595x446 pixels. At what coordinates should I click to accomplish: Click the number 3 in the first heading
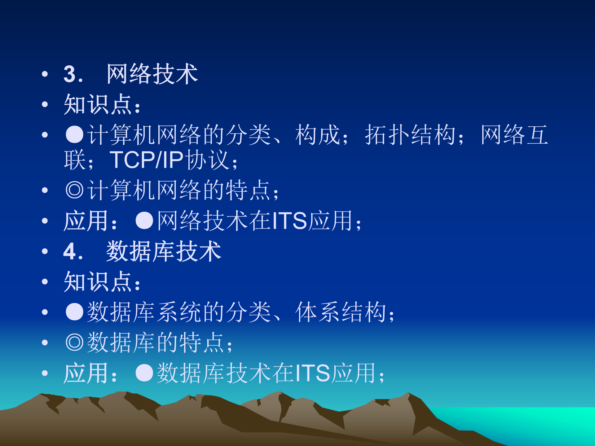70,74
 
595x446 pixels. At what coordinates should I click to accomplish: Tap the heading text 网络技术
152,74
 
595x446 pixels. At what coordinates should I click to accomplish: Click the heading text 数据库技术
163,251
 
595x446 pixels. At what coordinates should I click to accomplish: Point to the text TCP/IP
147,160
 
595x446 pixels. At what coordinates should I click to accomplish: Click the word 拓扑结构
410,135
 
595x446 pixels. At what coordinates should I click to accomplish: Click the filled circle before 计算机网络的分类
75,135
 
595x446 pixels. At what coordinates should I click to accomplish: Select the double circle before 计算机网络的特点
75,190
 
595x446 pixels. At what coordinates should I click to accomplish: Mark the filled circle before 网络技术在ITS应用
144,221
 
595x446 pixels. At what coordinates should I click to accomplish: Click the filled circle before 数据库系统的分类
75,312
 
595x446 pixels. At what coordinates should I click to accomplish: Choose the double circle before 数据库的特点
75,342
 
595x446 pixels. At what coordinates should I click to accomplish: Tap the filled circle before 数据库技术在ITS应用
144,373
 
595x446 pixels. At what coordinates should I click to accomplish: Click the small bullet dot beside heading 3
45,74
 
